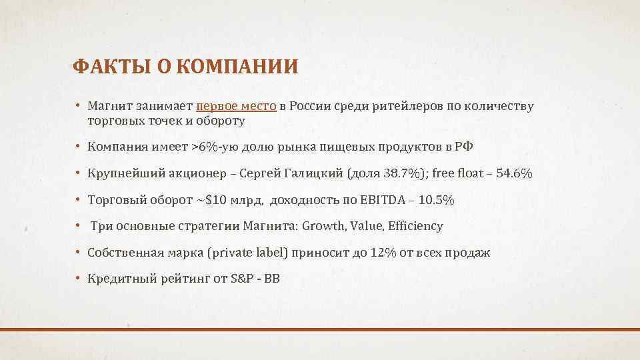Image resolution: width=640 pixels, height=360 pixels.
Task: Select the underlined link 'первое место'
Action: click(x=237, y=106)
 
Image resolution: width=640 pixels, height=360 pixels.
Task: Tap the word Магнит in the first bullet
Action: click(x=109, y=106)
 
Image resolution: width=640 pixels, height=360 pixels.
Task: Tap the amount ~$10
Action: click(x=215, y=199)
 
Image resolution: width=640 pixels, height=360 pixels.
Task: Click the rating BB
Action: click(x=272, y=279)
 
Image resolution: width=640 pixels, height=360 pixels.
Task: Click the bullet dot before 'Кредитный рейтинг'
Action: click(x=78, y=279)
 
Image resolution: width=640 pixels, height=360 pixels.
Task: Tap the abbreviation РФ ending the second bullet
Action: click(x=464, y=146)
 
